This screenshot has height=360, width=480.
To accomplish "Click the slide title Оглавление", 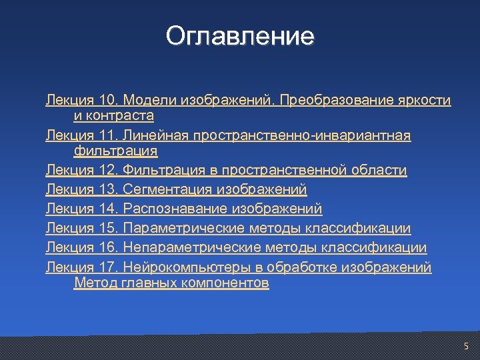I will [x=240, y=36].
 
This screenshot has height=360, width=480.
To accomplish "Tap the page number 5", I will [x=466, y=346].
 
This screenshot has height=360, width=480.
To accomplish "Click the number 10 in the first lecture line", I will [x=107, y=101].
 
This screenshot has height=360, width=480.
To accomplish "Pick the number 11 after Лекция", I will [x=107, y=136].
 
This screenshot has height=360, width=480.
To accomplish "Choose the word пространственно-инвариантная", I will [x=302, y=136].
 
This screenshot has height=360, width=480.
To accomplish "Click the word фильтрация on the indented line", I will [x=115, y=151].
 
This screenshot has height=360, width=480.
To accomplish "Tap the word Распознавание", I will [x=175, y=209].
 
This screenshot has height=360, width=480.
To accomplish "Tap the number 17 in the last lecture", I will [x=107, y=268].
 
